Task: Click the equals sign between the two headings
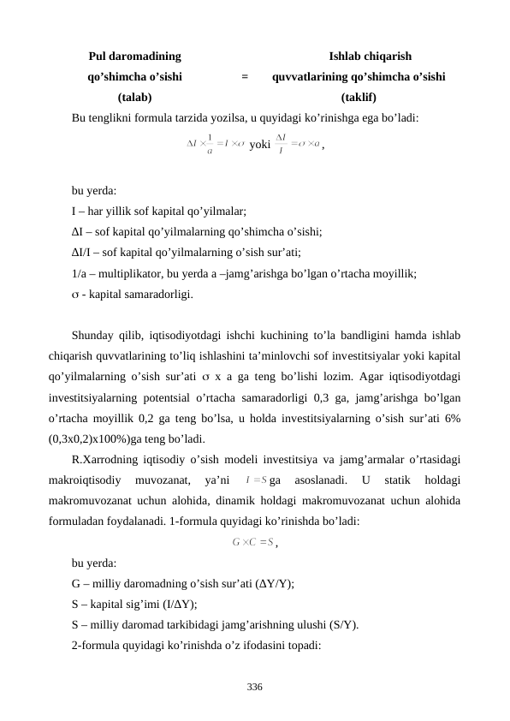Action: click(x=245, y=77)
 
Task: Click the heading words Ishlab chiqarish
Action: click(x=371, y=57)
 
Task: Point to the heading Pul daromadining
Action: click(x=134, y=57)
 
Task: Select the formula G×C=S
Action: click(x=252, y=541)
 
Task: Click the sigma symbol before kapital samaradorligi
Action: click(x=75, y=295)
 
